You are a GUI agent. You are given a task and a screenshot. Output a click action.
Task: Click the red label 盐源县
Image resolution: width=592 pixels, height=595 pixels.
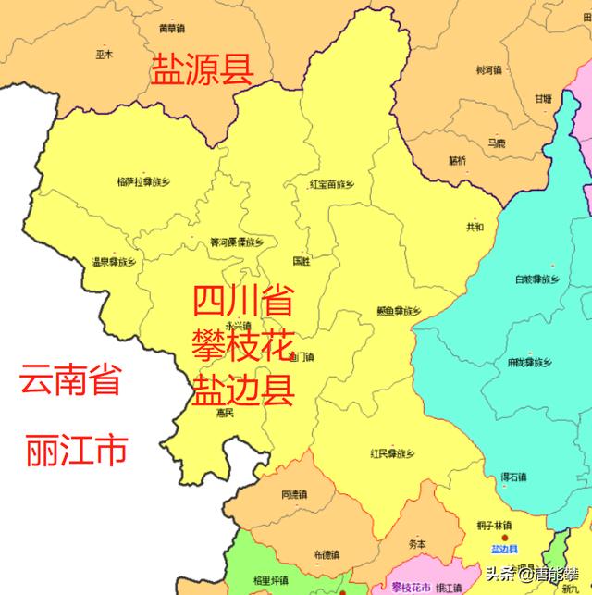click(x=201, y=70)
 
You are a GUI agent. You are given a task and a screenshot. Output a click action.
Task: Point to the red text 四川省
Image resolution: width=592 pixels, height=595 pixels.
click(x=243, y=303)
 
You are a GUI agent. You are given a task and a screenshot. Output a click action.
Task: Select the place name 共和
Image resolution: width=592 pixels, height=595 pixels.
click(x=475, y=227)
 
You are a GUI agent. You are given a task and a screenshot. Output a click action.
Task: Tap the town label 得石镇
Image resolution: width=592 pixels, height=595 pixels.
click(x=513, y=477)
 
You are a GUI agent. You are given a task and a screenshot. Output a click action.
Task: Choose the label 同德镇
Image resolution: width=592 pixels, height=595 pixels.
click(x=292, y=494)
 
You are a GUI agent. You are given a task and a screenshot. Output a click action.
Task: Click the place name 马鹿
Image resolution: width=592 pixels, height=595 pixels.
click(x=497, y=143)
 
